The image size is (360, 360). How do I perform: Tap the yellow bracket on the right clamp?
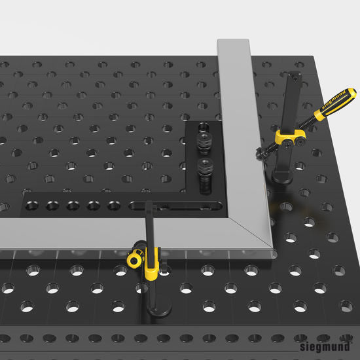click(x=292, y=137)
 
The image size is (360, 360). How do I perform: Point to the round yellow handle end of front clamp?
click(x=135, y=260)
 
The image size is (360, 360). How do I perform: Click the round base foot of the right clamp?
click(x=285, y=175)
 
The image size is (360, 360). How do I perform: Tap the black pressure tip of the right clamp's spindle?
click(x=261, y=154)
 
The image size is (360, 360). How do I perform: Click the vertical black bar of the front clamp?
click(x=150, y=229)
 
